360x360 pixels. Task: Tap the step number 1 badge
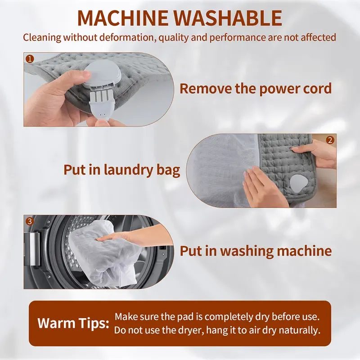pyautogui.click(x=30, y=58)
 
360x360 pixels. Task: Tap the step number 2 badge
pyautogui.click(x=330, y=140)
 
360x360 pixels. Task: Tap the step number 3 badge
pyautogui.click(x=30, y=221)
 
